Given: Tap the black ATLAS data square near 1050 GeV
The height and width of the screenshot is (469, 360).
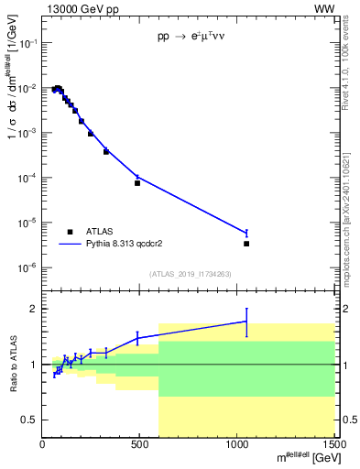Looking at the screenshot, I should pos(246,244).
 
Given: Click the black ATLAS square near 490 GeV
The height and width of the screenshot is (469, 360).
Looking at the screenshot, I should pos(137,183).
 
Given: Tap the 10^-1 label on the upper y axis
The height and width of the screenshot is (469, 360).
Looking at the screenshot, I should pos(31,43).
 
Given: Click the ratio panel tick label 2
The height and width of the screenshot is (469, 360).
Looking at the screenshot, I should pos(35,309).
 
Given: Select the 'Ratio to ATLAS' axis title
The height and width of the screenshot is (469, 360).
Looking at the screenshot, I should pos(15,364).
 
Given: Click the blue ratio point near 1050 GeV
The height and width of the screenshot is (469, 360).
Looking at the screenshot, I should pos(246,322).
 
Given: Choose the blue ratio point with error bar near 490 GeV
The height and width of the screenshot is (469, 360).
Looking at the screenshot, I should pos(137,338).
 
